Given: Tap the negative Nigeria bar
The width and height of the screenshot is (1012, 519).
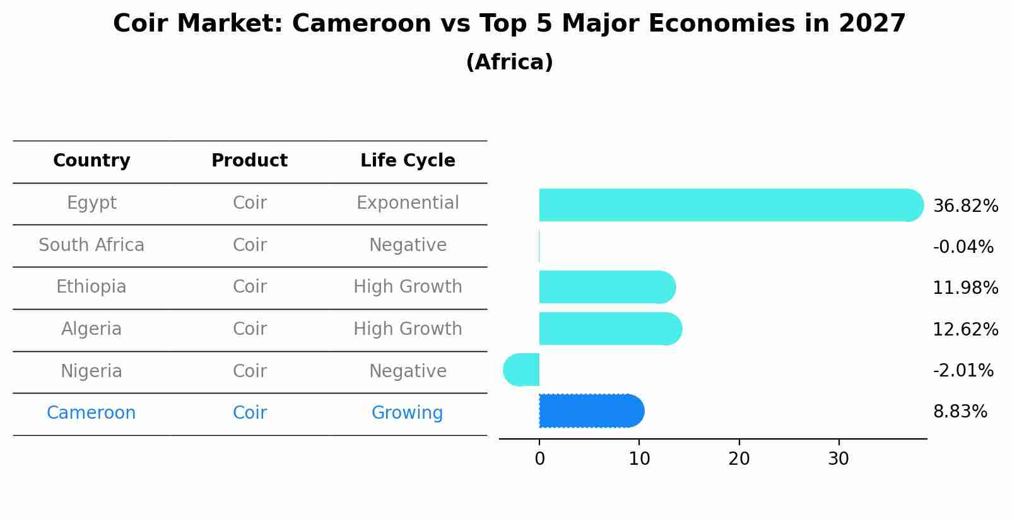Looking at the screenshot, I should click(x=522, y=370).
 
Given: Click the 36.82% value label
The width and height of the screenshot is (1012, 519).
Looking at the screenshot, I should click(x=965, y=206).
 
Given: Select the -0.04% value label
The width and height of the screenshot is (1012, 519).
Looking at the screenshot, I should click(x=963, y=247).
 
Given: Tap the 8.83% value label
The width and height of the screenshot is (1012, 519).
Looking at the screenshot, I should click(x=960, y=412).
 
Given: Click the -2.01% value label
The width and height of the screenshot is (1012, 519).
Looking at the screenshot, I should click(x=963, y=370).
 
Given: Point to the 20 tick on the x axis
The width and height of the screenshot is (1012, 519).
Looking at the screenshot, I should click(x=739, y=459).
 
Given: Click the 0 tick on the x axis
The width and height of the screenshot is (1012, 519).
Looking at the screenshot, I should click(x=539, y=459).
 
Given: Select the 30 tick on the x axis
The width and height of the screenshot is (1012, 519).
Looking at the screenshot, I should click(x=838, y=459).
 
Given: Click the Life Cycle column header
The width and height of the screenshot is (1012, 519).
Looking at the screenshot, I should click(x=408, y=161).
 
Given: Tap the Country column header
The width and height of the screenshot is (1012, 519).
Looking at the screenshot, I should click(x=91, y=161).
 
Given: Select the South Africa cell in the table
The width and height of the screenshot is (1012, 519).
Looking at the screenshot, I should click(x=91, y=245).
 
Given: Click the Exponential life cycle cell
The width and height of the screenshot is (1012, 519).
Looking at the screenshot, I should click(x=408, y=203).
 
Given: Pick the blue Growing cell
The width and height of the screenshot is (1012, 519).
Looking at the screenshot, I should click(x=407, y=413).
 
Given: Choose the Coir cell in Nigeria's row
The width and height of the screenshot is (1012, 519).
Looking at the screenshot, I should click(x=249, y=371).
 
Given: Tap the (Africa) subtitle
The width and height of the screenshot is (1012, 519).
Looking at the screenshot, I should click(x=509, y=62).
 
